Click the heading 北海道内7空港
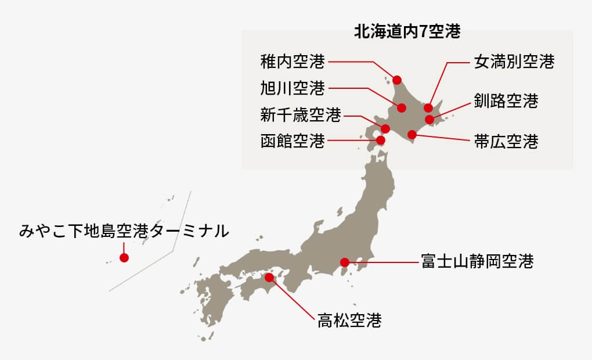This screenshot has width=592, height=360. click(407, 32)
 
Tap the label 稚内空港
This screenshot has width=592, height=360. click(293, 60)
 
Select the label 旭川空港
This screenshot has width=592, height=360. click(293, 88)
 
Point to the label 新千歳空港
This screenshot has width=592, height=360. click(300, 115)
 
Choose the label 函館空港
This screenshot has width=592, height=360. click(293, 141)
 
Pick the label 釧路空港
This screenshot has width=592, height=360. click(506, 101)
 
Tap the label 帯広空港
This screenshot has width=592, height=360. click(506, 141)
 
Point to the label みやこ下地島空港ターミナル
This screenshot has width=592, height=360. click(124, 231)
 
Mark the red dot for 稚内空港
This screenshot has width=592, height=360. click(398, 80)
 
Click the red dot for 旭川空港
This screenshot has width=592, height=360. click(402, 107)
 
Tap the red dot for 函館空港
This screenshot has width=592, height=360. click(381, 140)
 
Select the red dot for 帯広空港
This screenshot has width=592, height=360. click(412, 135)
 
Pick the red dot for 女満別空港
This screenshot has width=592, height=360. click(428, 107)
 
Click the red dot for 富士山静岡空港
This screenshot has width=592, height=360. click(345, 262)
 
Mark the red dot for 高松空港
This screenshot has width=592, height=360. click(269, 278)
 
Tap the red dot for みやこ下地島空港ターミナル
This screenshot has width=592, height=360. click(124, 258)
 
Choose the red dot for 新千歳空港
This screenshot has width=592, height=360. click(385, 128)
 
